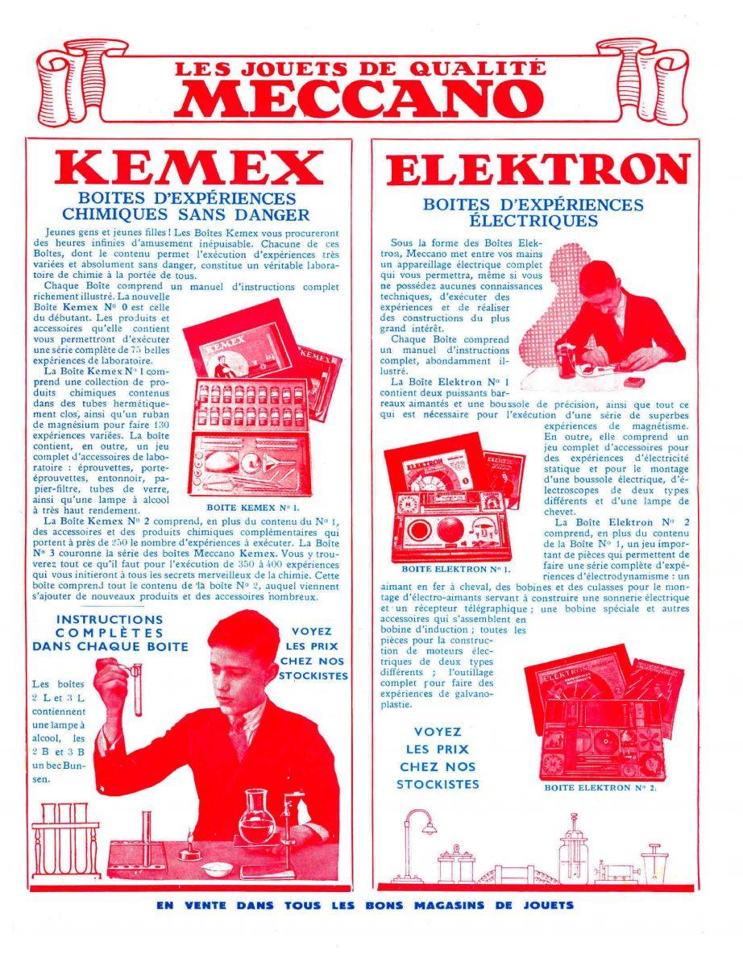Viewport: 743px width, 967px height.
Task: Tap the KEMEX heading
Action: click(189, 168)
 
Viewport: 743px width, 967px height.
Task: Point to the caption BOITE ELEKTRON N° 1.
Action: click(456, 569)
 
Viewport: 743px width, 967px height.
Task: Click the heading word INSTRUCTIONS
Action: click(110, 619)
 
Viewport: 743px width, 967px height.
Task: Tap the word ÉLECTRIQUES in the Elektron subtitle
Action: click(533, 220)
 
